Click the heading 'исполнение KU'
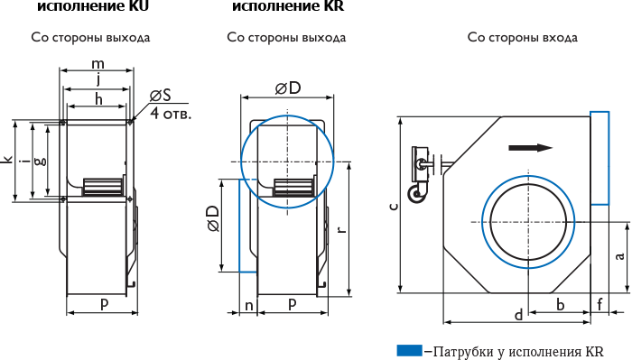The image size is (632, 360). pos(93,6)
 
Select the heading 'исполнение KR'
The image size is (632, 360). pos(288,6)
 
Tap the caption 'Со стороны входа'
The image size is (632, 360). pos(523,38)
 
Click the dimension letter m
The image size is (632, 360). pos(98,64)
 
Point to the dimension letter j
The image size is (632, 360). pos(98,79)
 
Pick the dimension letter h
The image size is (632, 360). pos(98,98)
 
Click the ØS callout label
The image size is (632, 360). pos(161,96)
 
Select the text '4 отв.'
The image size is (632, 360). pos(171,114)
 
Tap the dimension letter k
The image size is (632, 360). pos(8,160)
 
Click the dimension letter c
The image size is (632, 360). pos(395,207)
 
